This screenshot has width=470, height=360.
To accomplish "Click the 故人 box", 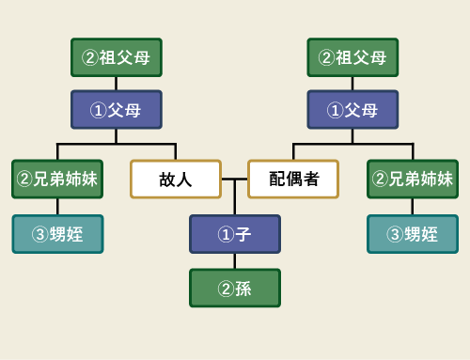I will pyautogui.click(x=176, y=179).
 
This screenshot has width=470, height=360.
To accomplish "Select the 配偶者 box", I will pyautogui.click(x=293, y=179).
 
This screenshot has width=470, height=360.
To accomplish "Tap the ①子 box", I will pyautogui.click(x=234, y=234).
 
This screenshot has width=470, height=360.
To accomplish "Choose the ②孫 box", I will pyautogui.click(x=234, y=288).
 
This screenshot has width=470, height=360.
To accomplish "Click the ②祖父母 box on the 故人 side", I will pyautogui.click(x=117, y=57).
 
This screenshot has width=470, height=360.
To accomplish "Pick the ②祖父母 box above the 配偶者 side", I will pyautogui.click(x=352, y=57).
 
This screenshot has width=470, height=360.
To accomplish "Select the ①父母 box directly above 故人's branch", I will pyautogui.click(x=117, y=110).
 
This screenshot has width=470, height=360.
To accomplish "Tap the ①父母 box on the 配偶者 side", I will pyautogui.click(x=352, y=110).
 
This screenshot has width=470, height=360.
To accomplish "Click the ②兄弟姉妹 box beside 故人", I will pyautogui.click(x=57, y=179).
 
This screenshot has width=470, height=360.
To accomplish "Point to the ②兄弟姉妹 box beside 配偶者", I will pyautogui.click(x=413, y=179).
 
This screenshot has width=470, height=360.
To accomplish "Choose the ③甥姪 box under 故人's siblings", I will pyautogui.click(x=57, y=234).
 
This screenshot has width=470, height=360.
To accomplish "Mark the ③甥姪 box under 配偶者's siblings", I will pyautogui.click(x=413, y=234).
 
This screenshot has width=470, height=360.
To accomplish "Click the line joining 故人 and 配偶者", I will pyautogui.click(x=234, y=179).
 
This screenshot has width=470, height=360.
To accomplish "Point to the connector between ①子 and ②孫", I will pyautogui.click(x=234, y=260).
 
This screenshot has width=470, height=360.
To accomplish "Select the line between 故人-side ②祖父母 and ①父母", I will pyautogui.click(x=117, y=84).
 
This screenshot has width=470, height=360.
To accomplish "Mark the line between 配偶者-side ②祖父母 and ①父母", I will pyautogui.click(x=352, y=84).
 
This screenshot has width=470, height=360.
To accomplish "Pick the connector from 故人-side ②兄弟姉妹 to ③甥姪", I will pyautogui.click(x=57, y=207).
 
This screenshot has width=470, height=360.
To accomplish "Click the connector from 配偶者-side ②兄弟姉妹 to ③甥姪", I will pyautogui.click(x=413, y=207).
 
